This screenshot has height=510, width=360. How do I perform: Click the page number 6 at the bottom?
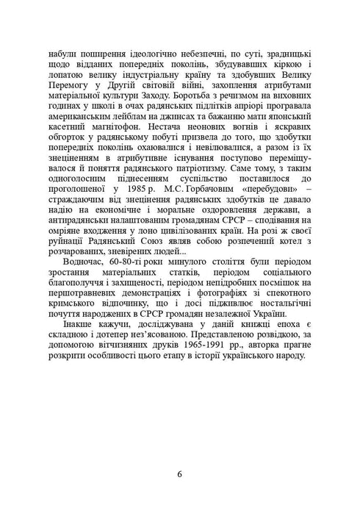pyautogui.click(x=180, y=473)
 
